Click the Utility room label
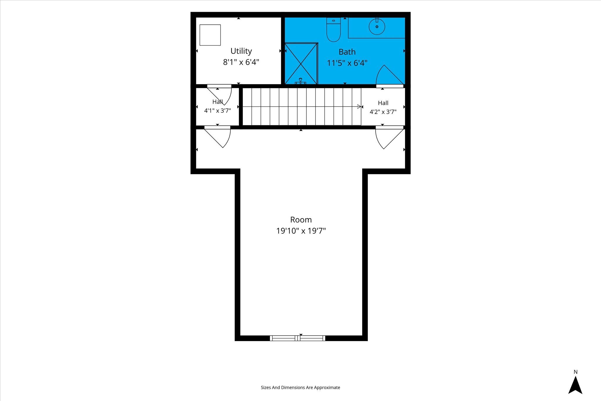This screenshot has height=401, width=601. pyautogui.click(x=241, y=51)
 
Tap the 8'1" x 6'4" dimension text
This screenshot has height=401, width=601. pyautogui.click(x=241, y=62)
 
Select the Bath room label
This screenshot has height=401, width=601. pyautogui.click(x=347, y=52)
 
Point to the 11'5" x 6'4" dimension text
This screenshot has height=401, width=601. pyautogui.click(x=347, y=63)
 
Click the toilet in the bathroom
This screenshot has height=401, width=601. pyautogui.click(x=333, y=29)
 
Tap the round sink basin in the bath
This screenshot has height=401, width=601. pyautogui.click(x=377, y=26)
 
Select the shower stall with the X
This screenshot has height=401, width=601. pyautogui.click(x=301, y=63)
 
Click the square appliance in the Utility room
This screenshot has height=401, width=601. pyautogui.click(x=210, y=35)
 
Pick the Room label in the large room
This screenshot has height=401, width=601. pyautogui.click(x=301, y=220)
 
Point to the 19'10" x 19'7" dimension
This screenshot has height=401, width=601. pyautogui.click(x=301, y=231)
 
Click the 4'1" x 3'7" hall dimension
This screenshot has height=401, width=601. pyautogui.click(x=217, y=111)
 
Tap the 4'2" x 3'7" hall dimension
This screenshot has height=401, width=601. pyautogui.click(x=383, y=112)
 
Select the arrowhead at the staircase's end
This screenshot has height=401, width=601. pyautogui.click(x=359, y=107)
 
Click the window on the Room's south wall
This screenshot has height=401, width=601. pyautogui.click(x=298, y=338)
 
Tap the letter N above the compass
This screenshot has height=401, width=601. pyautogui.click(x=575, y=372)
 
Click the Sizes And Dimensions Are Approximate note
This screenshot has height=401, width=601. pyautogui.click(x=300, y=387)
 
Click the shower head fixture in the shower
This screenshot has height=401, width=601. pyautogui.click(x=300, y=81)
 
